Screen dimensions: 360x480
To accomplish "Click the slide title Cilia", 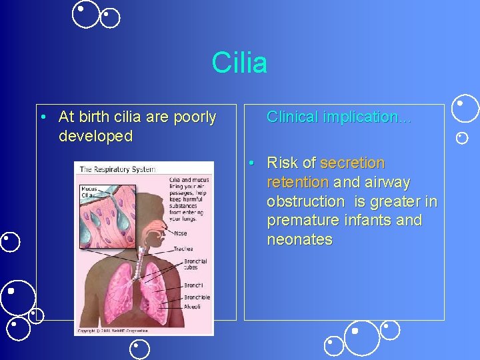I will pos(239,63).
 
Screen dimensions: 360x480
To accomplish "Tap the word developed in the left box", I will pos(95,137).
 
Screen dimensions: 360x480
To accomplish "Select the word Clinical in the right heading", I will pos(292,117).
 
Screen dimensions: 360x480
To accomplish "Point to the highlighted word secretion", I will pos(353,163).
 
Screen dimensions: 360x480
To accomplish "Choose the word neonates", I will pos(299,239).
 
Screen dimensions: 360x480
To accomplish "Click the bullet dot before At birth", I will pos(42,117).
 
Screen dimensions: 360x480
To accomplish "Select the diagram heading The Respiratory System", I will pos(117,169).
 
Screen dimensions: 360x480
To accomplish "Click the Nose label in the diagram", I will pos(181,233).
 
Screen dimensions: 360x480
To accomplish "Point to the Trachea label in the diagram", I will pos(183,249).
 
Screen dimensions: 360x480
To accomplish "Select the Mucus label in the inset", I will pos(89,189).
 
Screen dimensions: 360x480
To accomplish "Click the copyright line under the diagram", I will pos(120,330).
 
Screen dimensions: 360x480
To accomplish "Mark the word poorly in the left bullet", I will pos(194,117).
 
